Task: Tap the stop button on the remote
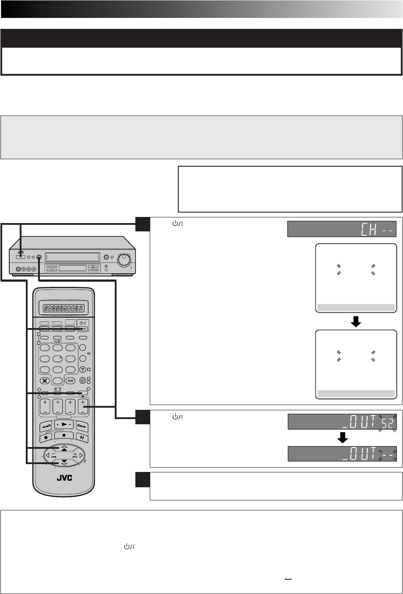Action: (x=64, y=436)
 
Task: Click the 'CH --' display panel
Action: (x=342, y=229)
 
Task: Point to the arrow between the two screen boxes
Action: (x=356, y=321)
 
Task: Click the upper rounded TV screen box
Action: (x=356, y=278)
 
